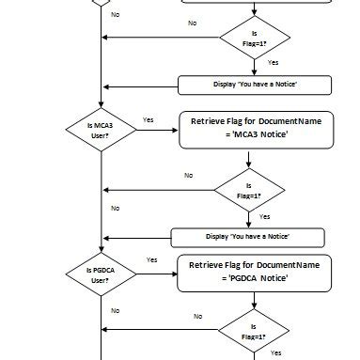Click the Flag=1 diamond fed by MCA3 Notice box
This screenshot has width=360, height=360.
point(249,191)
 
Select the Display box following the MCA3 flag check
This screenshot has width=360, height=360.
point(248,236)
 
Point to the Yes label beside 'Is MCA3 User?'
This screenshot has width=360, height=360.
point(148,119)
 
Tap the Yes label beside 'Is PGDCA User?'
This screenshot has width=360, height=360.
point(151,259)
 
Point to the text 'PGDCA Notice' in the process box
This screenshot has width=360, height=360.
point(256,279)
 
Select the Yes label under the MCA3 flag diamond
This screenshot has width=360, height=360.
point(264,216)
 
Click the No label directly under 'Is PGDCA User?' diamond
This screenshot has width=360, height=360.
point(115,309)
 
